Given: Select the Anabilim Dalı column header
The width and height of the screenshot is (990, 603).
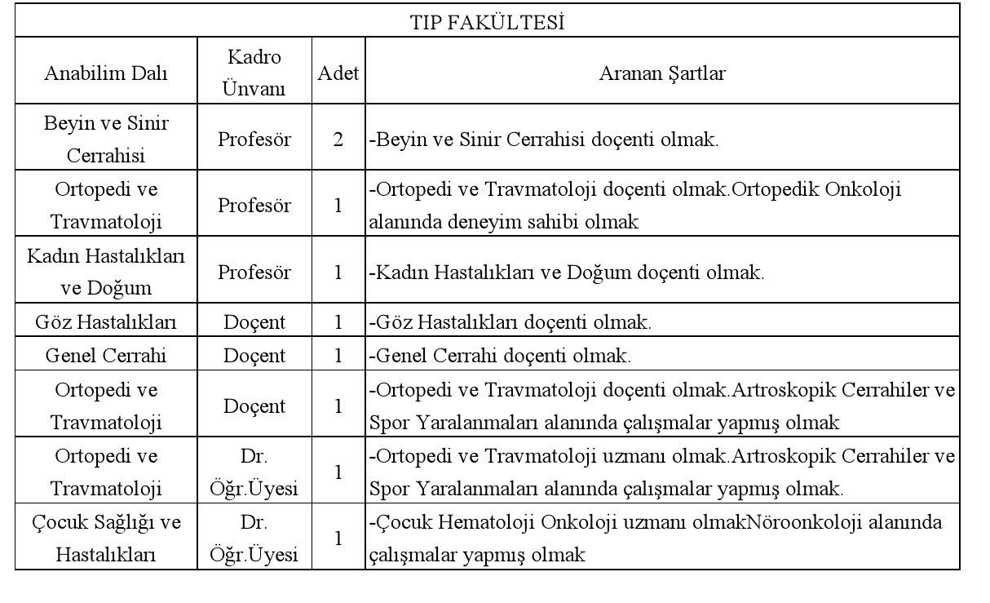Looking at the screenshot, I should [105, 73].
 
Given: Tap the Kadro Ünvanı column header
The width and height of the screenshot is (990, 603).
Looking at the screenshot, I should [254, 73].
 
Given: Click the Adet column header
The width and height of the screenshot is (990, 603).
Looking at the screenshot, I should [338, 73].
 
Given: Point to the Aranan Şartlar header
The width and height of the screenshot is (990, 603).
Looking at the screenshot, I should [662, 73].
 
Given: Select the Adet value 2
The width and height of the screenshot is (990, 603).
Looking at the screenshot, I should [338, 139].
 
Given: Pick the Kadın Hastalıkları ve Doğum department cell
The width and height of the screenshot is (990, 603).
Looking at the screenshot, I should [105, 273].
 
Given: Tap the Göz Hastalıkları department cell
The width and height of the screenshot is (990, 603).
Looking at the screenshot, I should [105, 322].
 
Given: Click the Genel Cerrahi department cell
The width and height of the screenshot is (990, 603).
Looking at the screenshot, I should [105, 356].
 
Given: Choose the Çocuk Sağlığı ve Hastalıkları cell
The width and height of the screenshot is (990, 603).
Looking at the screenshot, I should [105, 539].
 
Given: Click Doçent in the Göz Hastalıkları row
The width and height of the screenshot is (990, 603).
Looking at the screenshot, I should [254, 322].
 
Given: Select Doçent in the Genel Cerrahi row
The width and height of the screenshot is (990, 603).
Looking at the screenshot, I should [254, 356].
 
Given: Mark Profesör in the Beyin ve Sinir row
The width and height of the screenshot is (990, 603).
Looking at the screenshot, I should [254, 139].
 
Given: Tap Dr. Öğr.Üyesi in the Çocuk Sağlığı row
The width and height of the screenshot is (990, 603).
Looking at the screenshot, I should [254, 539].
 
